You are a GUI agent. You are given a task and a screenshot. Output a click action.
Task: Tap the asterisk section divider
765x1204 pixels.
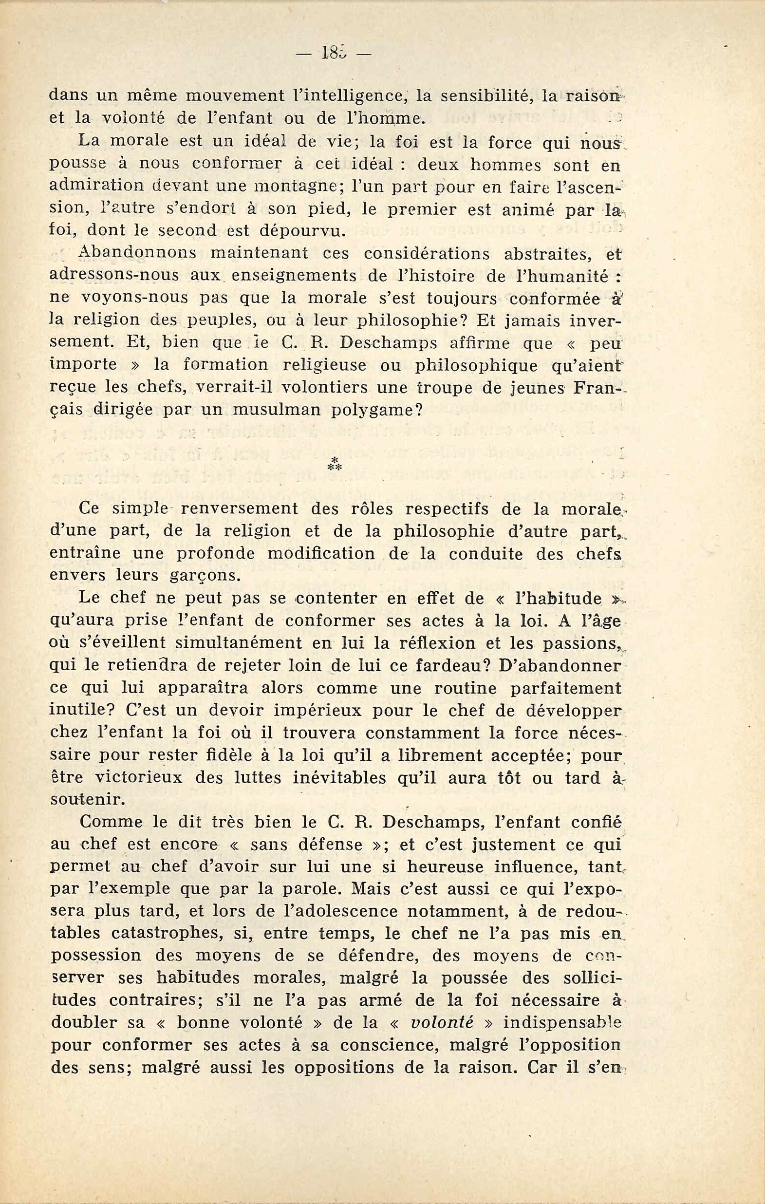point(334,464)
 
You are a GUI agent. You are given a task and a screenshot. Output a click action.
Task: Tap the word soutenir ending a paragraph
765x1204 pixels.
point(88,799)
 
